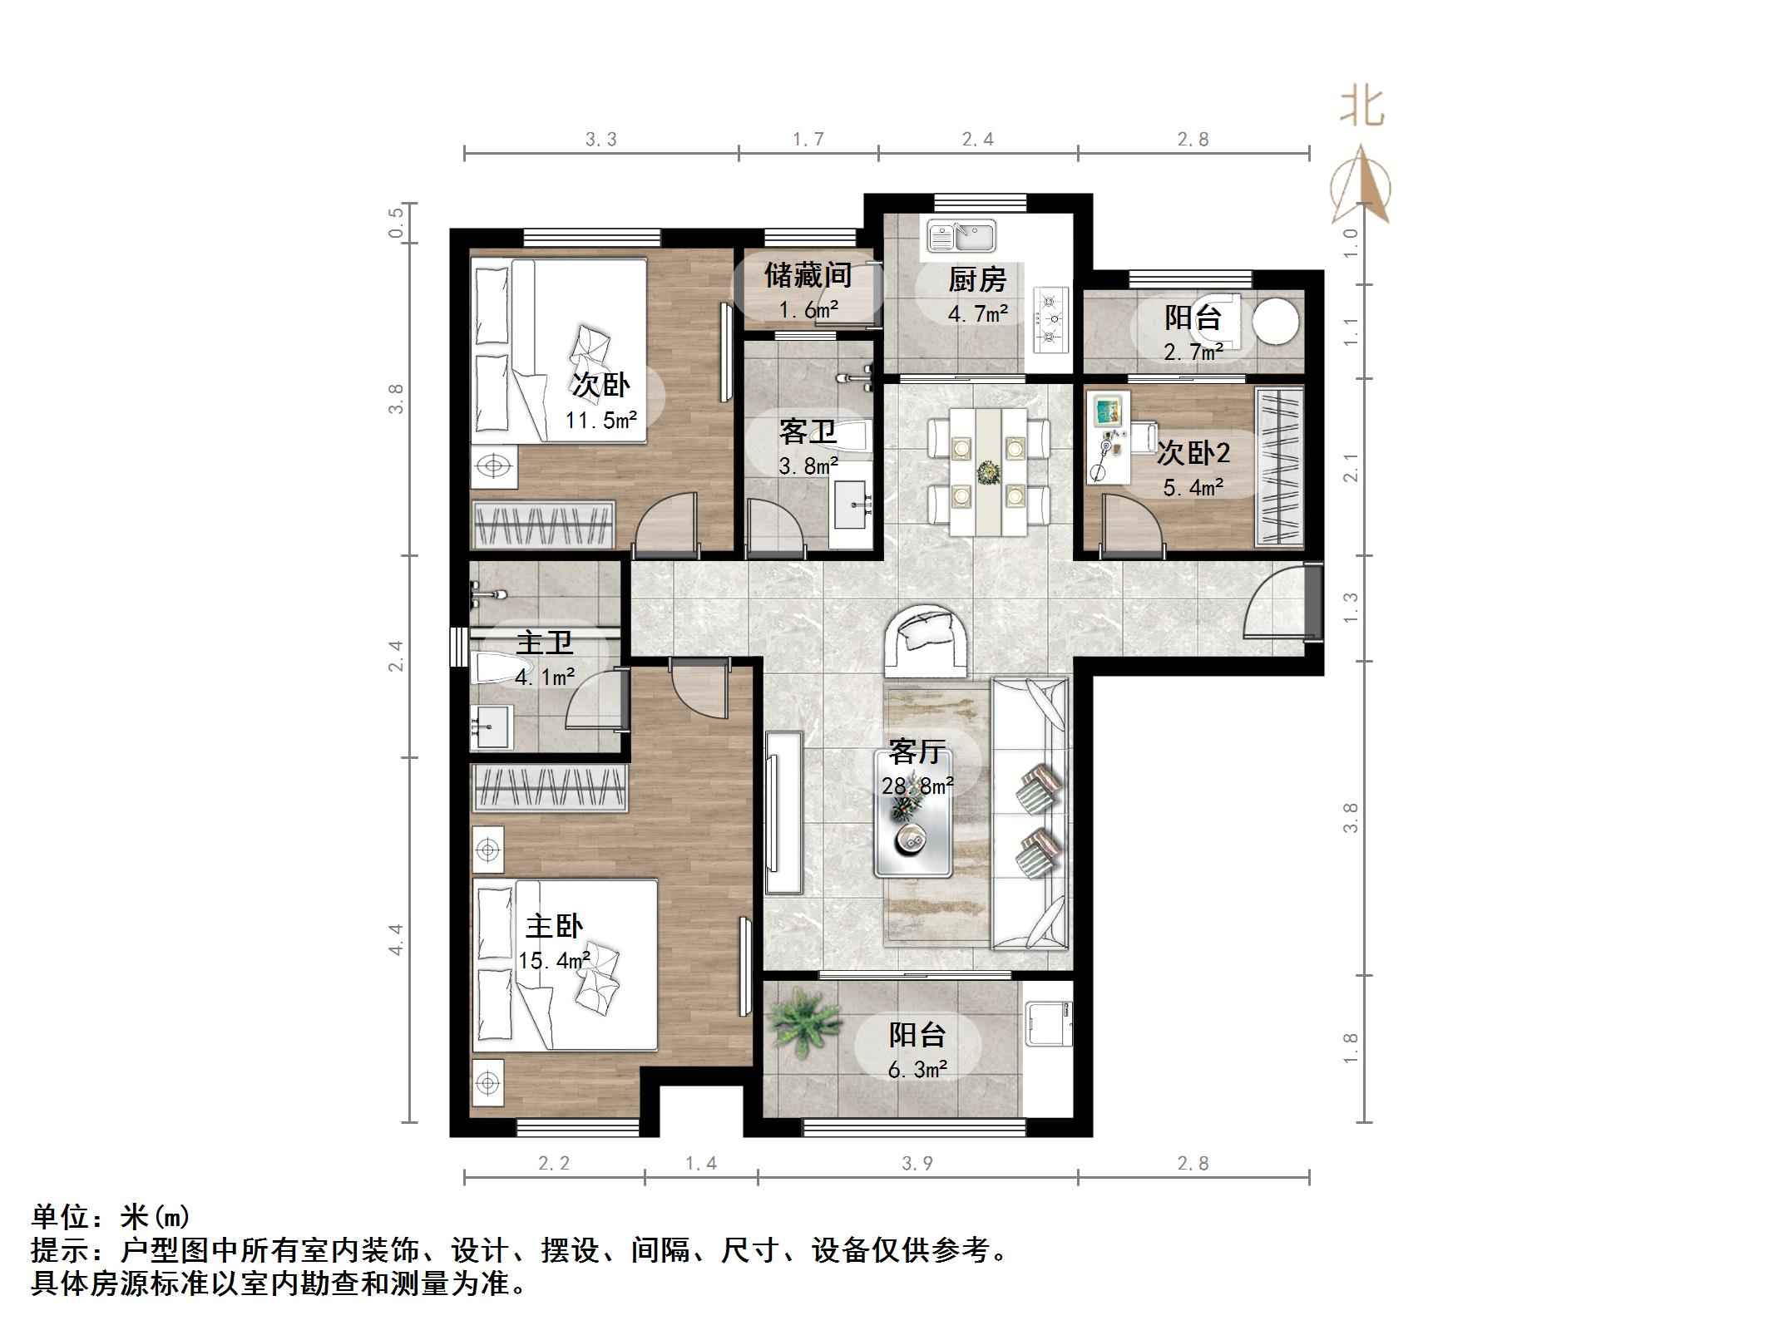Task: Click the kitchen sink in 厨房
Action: tap(962, 236)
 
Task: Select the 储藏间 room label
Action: tap(807, 275)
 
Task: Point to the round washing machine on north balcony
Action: tap(1275, 321)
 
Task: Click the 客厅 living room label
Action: tap(916, 751)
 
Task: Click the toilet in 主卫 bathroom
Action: tap(497, 667)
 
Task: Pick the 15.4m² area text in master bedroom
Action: tap(554, 961)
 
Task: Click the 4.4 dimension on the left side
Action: tap(396, 939)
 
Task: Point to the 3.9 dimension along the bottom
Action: tap(917, 1163)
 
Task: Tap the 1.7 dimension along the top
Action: tap(808, 139)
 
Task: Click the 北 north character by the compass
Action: tap(1361, 108)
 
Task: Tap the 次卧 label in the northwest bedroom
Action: tap(600, 385)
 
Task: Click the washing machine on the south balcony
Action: tap(1048, 1023)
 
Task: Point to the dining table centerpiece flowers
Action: tap(988, 474)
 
